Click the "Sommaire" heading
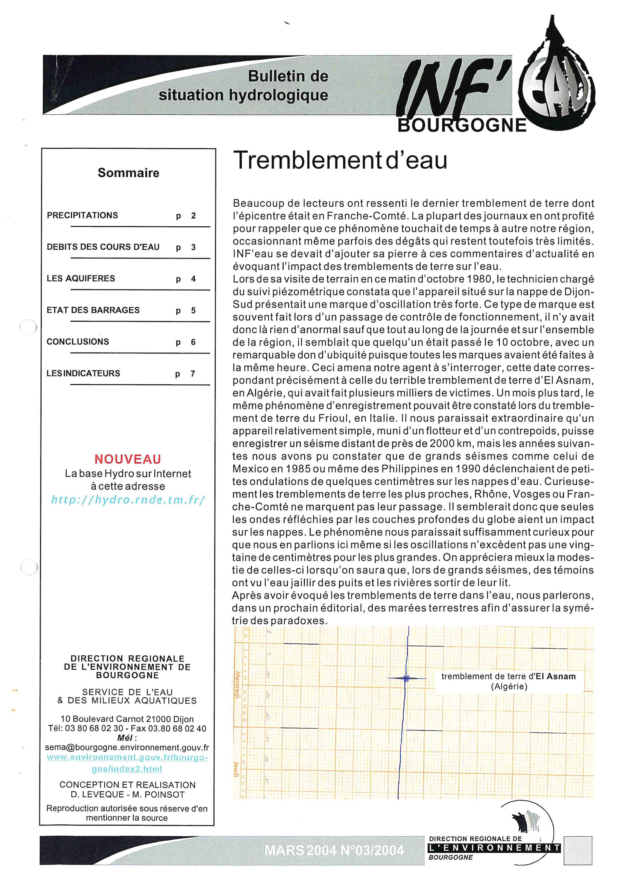128,173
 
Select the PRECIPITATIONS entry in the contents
82,215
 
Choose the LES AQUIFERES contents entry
81,279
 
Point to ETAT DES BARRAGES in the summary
93,310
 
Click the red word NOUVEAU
128,459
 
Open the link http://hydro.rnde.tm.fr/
128,500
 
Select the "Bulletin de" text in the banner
288,76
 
